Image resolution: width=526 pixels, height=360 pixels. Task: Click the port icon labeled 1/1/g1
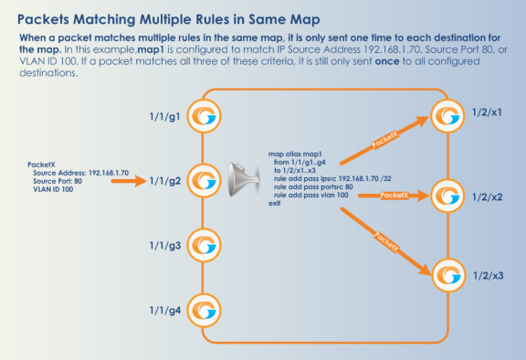coord(204,116)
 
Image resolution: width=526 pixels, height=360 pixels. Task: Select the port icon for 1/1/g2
coord(204,181)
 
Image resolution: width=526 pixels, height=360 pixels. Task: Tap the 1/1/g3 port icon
coord(204,245)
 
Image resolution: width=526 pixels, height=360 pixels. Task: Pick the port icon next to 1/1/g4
coord(204,311)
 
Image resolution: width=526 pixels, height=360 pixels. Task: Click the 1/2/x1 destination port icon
coord(447,116)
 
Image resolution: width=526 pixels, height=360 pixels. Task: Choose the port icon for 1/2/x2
coord(447,196)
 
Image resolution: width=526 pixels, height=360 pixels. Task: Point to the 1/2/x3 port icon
coord(448,275)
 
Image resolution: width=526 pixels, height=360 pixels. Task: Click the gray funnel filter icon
coord(244,179)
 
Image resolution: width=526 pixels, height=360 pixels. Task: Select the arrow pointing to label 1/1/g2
coord(129,181)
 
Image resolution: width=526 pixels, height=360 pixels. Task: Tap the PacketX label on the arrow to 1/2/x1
coord(385,140)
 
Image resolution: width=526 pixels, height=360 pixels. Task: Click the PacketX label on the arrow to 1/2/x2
coord(394,196)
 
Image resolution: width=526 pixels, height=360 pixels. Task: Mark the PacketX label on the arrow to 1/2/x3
coord(386,241)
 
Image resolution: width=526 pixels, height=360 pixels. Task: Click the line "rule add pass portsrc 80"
coord(313,187)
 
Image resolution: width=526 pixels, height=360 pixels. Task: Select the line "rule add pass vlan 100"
coord(311,195)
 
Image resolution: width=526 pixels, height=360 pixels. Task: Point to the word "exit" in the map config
coord(274,204)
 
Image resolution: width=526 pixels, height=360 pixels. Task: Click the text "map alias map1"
coord(295,154)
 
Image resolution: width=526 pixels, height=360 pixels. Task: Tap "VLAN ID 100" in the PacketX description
coord(53,189)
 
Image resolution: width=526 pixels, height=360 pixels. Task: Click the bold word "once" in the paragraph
coord(387,61)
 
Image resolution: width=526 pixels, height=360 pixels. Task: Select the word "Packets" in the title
coord(43,19)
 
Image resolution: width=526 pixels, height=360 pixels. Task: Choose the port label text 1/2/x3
coord(488,276)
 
